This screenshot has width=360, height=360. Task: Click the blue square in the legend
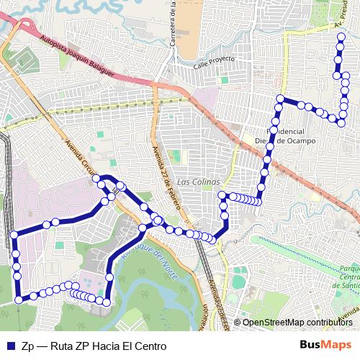[9, 346]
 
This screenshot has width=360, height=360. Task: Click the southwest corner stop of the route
[19, 300]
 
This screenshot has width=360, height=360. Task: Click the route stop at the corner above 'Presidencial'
[281, 99]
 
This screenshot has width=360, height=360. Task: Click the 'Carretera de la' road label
[174, 25]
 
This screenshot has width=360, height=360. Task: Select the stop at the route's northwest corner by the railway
[13, 235]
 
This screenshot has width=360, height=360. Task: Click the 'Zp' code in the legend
[28, 346]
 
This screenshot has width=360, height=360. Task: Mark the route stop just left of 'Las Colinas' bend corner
[224, 196]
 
